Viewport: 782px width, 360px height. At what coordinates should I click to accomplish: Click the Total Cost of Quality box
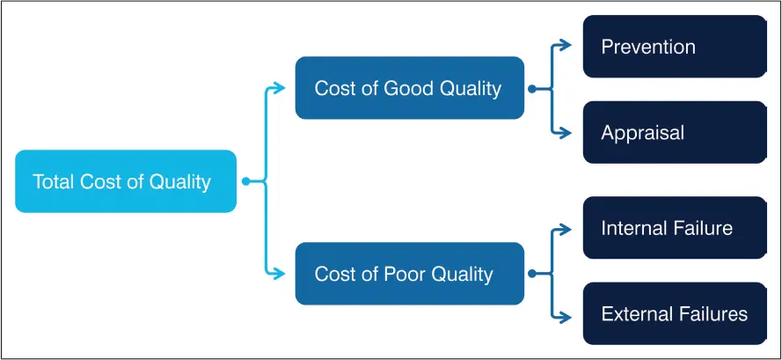coord(126,181)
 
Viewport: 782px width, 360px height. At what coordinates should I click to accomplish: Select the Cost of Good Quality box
coord(409,88)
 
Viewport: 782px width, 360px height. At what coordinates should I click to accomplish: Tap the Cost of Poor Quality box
coord(409,274)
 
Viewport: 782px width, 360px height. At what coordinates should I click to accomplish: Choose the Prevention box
coord(675,47)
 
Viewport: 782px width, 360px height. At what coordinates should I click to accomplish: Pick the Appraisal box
coord(675,132)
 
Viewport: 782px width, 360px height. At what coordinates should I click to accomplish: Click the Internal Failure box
coord(675,228)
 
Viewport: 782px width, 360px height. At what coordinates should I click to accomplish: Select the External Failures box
coord(675,313)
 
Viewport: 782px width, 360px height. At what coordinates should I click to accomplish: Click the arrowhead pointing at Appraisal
coord(565,132)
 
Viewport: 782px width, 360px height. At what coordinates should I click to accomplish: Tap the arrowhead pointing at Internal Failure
coord(565,230)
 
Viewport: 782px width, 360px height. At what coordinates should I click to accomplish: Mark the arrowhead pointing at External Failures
coord(565,317)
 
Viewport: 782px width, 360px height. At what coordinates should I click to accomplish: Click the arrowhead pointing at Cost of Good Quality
coord(279,88)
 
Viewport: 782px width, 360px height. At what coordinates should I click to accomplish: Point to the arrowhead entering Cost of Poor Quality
coord(279,273)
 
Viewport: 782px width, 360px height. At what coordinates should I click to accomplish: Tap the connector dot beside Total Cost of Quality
coord(245,181)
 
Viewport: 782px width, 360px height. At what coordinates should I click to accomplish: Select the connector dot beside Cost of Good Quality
coord(532,89)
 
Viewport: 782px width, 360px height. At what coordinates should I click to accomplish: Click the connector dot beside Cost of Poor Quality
coord(532,274)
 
